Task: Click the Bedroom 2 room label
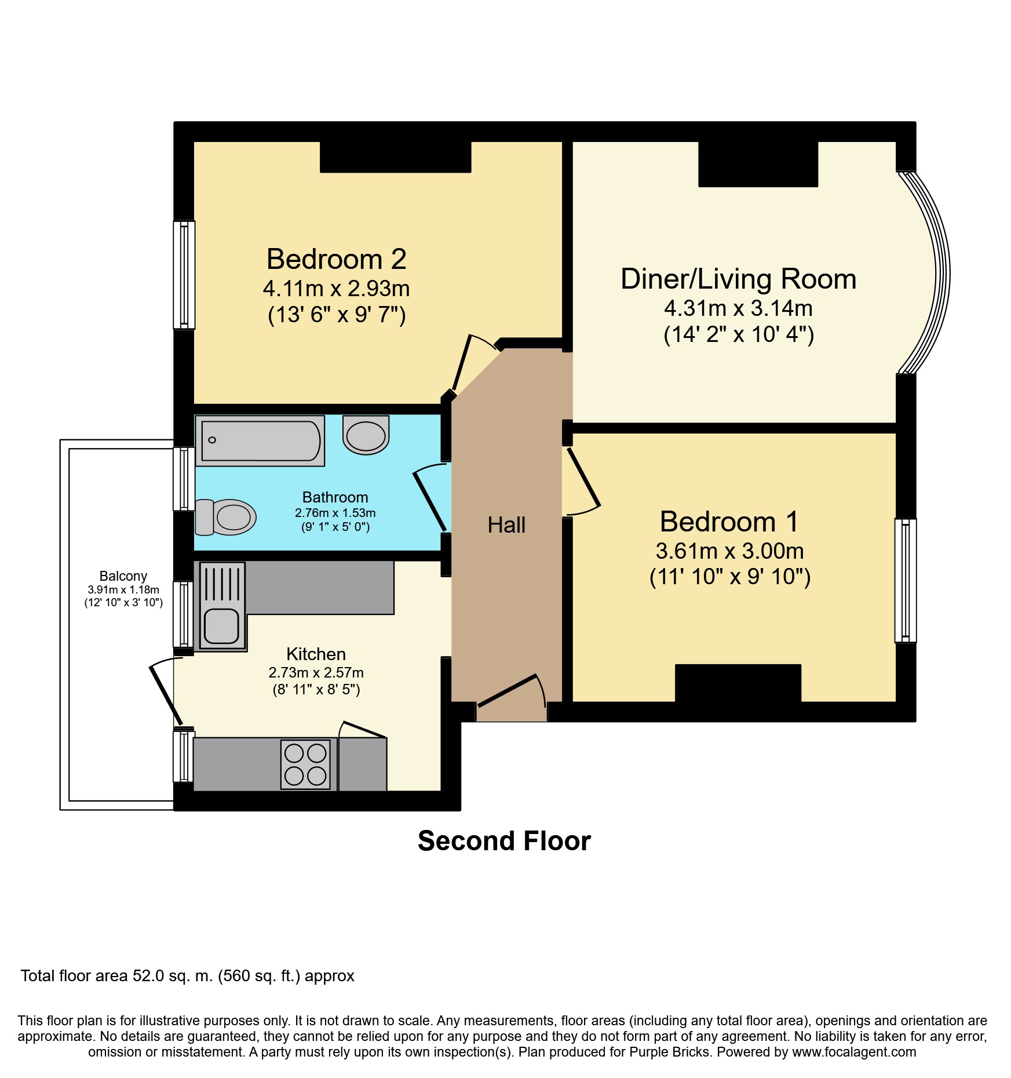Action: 336,259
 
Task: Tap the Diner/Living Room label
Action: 738,279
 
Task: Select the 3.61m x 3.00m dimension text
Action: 729,551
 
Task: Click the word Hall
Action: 506,525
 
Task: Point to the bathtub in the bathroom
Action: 260,440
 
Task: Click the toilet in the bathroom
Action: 227,516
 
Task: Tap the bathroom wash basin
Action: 366,435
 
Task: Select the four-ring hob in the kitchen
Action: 305,764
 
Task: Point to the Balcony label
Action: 123,576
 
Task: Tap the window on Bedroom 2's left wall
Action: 184,275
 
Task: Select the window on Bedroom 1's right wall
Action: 906,580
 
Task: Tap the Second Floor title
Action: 504,841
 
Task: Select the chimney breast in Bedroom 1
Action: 738,683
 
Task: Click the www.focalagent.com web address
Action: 854,1052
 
